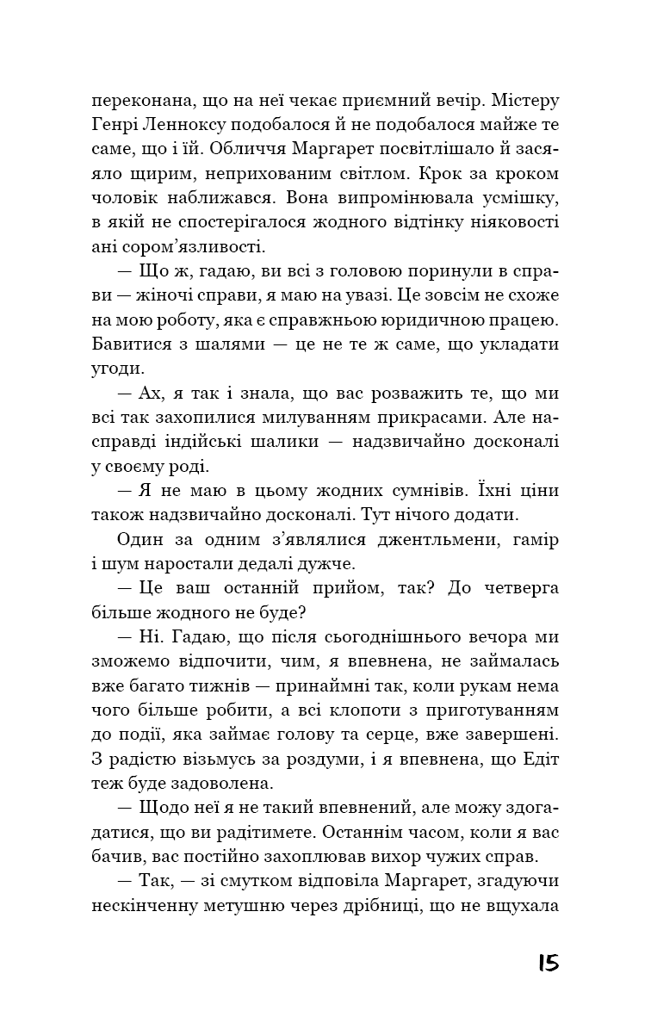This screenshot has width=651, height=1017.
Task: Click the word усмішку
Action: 516,197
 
